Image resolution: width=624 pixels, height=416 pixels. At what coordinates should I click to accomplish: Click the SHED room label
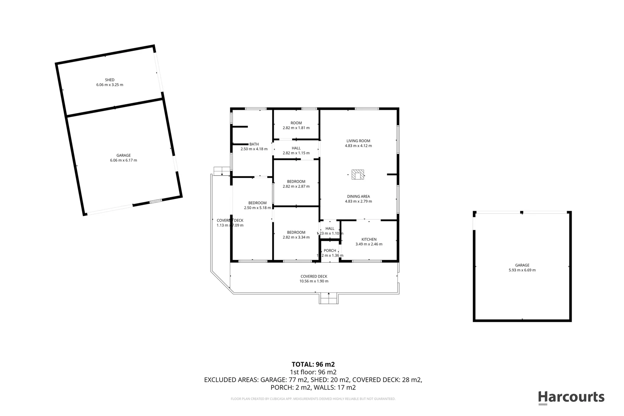110,80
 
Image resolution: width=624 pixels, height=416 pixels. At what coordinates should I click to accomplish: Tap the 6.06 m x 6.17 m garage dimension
123,160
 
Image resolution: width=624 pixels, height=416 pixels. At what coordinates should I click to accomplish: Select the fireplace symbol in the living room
358,175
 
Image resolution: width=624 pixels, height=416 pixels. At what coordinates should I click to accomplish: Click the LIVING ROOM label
358,141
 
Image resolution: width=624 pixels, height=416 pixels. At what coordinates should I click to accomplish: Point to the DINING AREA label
358,196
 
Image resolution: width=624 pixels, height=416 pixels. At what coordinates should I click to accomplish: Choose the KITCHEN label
369,239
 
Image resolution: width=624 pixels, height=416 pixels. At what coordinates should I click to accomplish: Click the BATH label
254,144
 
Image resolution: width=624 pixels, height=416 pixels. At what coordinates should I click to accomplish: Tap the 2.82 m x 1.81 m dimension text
296,128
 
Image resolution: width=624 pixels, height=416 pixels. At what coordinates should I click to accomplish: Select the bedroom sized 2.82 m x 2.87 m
296,184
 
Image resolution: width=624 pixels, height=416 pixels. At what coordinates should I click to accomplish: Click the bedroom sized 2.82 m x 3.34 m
296,235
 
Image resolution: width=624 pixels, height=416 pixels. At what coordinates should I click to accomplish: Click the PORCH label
330,250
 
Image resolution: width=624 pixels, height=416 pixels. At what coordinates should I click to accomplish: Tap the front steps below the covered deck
328,299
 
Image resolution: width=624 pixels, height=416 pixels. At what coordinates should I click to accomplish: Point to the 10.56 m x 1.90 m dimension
314,281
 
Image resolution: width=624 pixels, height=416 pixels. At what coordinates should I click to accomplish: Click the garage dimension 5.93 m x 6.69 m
522,270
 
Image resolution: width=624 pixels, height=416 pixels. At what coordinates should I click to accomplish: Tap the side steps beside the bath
221,171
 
